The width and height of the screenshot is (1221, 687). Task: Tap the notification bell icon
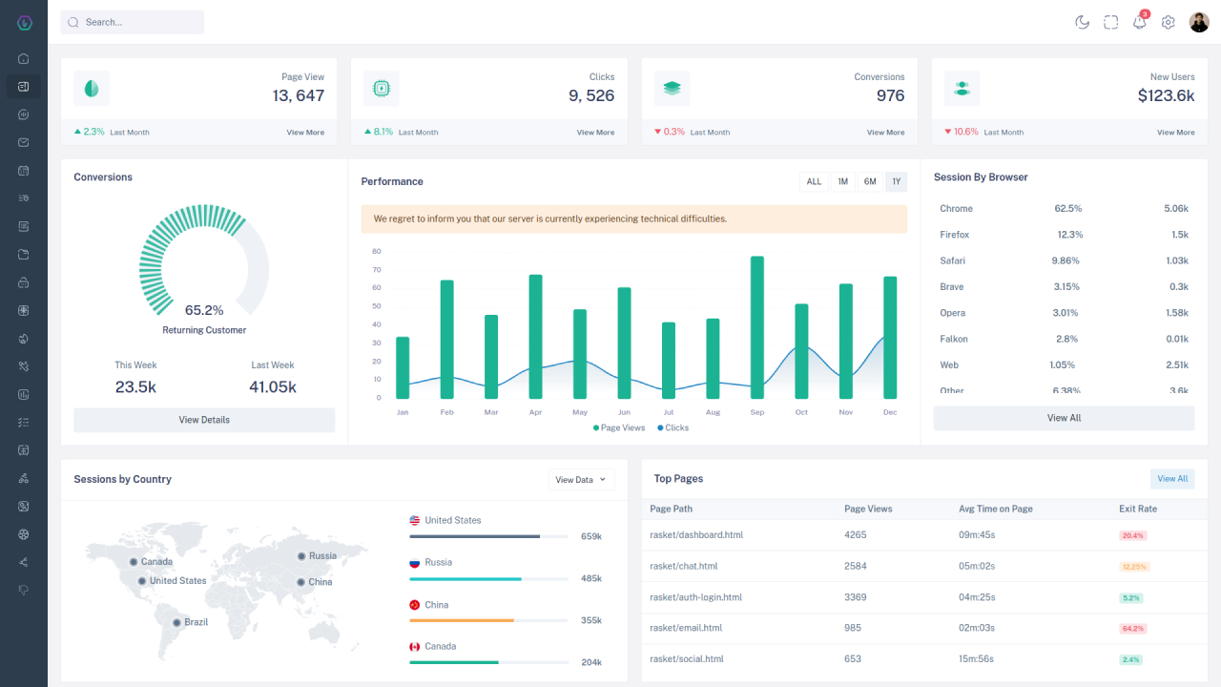click(1139, 22)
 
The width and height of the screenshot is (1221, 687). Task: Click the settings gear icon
click(1168, 22)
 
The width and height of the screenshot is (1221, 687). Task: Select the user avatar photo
click(1199, 22)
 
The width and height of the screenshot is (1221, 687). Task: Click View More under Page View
click(305, 133)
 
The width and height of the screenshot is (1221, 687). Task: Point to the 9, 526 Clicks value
click(591, 95)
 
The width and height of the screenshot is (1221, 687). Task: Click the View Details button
click(204, 420)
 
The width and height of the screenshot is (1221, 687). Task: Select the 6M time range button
click(870, 181)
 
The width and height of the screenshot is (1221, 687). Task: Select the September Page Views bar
click(756, 327)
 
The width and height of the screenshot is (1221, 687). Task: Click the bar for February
click(446, 339)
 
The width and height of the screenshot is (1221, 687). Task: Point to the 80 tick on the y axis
click(377, 252)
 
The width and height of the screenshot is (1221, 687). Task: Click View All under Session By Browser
click(1064, 418)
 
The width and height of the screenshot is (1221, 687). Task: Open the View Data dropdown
click(581, 480)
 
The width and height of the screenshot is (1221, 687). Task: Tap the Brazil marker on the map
click(176, 622)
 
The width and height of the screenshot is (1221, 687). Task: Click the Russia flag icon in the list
click(414, 563)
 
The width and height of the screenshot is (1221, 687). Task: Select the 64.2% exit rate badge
click(1133, 629)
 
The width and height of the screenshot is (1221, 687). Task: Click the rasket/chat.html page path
click(683, 567)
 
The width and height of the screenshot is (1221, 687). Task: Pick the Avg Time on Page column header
click(995, 510)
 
